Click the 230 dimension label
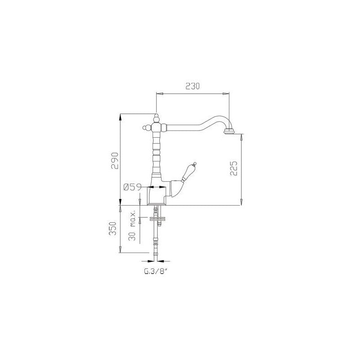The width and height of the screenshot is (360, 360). (x=193, y=86)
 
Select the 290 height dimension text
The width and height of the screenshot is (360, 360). (x=115, y=161)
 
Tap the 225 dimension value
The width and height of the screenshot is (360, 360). (x=234, y=168)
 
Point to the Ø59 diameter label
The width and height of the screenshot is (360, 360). (x=132, y=187)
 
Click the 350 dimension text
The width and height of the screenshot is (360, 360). (x=113, y=229)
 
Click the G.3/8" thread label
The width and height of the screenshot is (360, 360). (x=155, y=272)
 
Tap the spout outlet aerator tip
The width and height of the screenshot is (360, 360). (x=229, y=131)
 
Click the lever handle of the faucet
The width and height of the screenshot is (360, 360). (x=188, y=172)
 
